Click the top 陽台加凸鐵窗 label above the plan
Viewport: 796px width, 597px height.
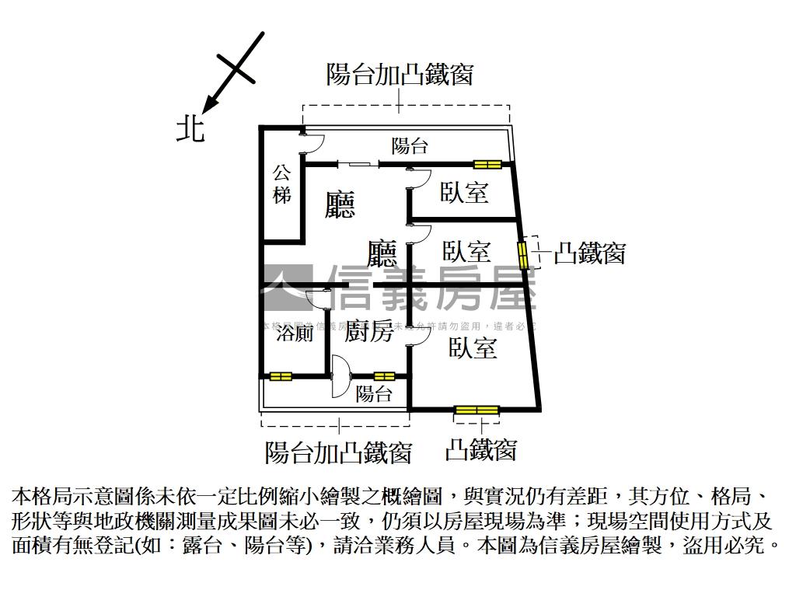(x=400, y=75)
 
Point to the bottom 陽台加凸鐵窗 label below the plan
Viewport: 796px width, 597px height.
(x=338, y=452)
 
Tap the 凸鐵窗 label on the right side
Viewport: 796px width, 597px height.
(x=589, y=253)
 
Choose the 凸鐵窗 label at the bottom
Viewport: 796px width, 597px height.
(x=480, y=449)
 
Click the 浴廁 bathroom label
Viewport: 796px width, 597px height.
(x=295, y=333)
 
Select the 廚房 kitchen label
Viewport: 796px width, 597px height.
(x=368, y=332)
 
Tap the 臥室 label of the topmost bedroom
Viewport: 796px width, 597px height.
(x=464, y=192)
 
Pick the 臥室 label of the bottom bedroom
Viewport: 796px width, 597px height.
(x=473, y=349)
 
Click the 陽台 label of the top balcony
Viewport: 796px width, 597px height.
(x=409, y=145)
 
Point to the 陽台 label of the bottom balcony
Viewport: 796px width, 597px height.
(x=374, y=394)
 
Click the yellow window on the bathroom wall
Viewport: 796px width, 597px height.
(x=281, y=377)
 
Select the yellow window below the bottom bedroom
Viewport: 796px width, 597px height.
(x=477, y=410)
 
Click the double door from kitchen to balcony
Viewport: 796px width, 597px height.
(x=340, y=377)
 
